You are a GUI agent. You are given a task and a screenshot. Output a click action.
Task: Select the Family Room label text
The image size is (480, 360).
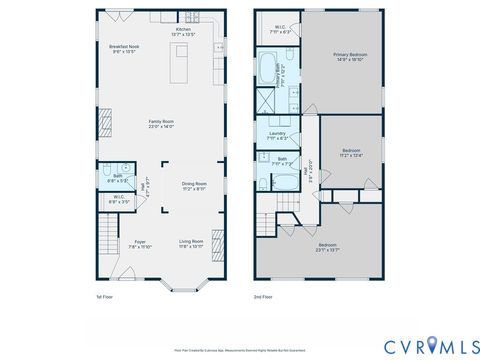coord(161,124)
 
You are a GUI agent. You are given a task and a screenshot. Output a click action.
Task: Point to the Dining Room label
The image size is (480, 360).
coord(193,185)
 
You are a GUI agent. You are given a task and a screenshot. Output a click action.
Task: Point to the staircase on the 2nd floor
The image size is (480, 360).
coord(267,222)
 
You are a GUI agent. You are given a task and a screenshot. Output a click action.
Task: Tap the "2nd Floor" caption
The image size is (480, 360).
coord(262,297)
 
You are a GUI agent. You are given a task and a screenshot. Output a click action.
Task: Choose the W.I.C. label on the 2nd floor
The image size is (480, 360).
coord(280,28)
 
